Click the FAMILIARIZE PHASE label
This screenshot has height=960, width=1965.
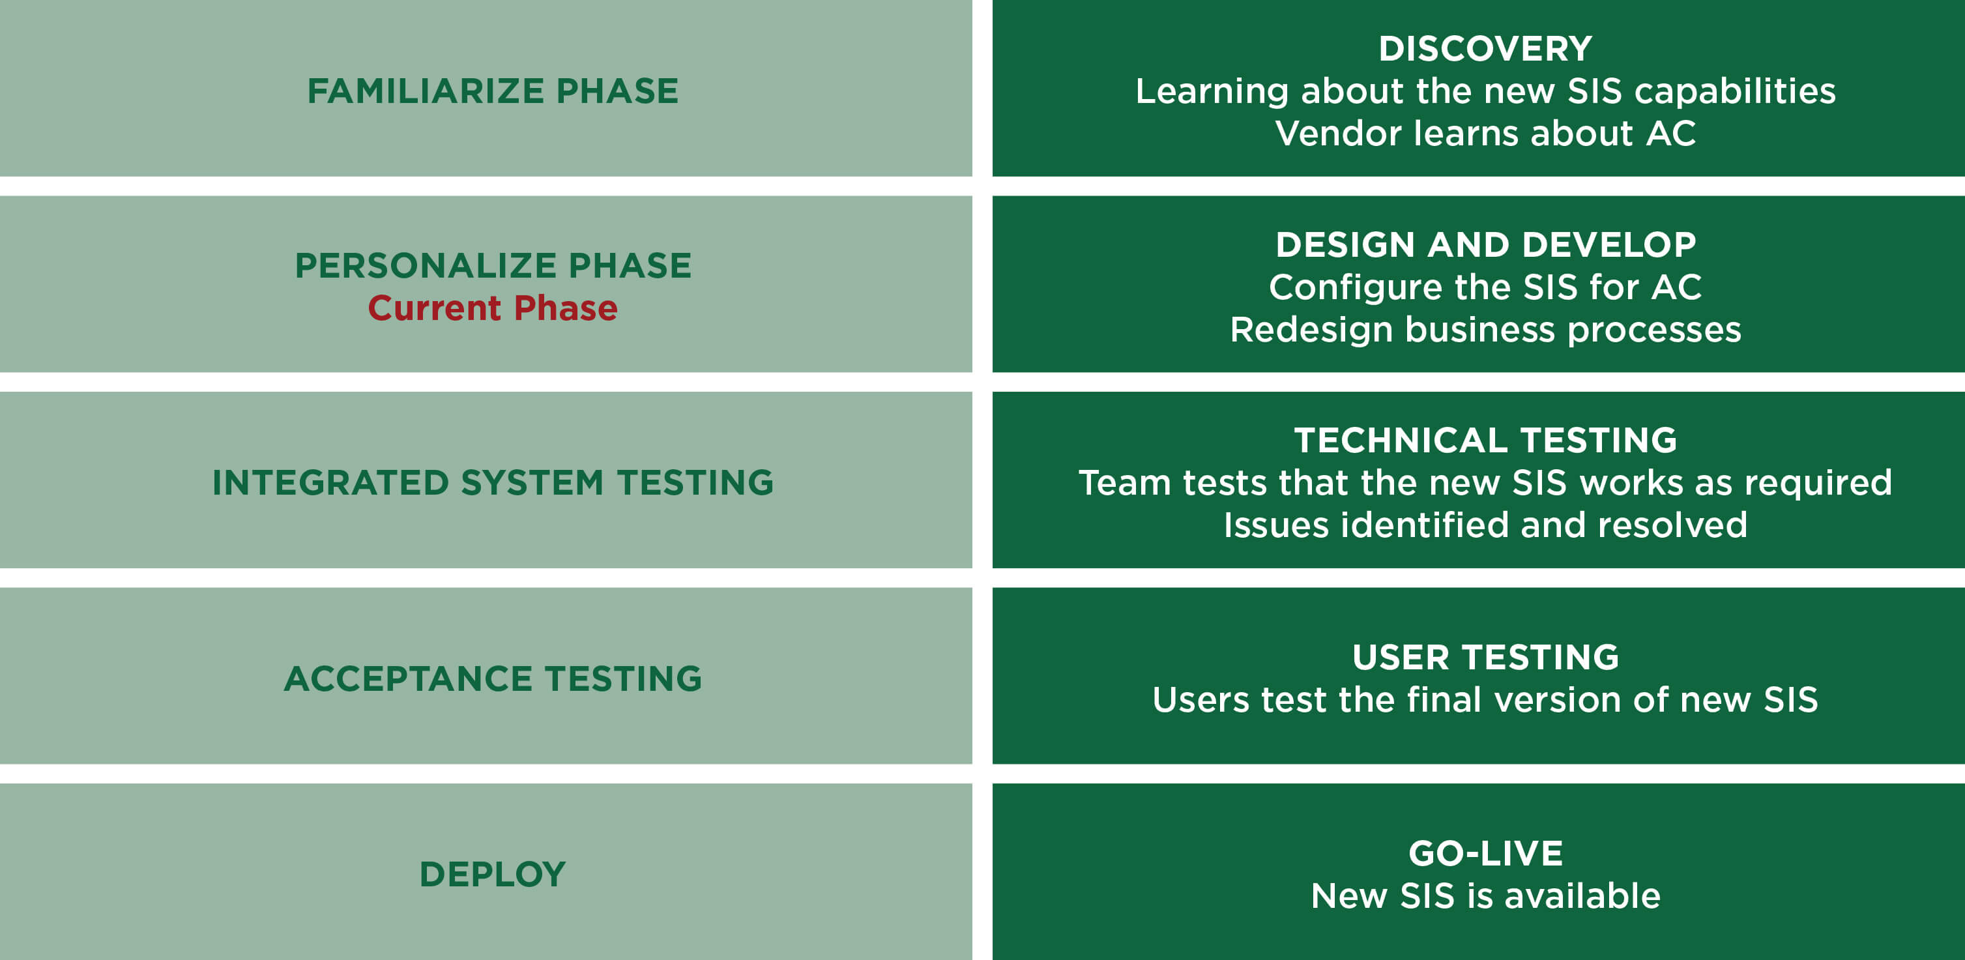[x=493, y=91]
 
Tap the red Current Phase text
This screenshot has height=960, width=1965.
[x=493, y=308]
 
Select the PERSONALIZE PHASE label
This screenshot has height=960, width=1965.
[x=493, y=265]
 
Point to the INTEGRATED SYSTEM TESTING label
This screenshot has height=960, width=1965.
[x=493, y=483]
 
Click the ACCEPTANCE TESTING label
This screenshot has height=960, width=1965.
[x=493, y=678]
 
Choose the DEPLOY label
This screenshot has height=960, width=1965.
[x=493, y=875]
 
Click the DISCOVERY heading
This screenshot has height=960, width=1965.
[x=1485, y=49]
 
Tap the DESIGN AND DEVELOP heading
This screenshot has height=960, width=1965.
[x=1485, y=245]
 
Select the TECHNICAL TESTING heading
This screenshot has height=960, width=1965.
[x=1485, y=440]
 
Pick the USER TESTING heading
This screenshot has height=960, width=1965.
[x=1485, y=658]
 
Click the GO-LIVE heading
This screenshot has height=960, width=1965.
[x=1485, y=853]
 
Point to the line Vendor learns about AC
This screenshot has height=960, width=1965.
[x=1485, y=134]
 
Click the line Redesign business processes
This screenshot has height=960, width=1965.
[x=1485, y=329]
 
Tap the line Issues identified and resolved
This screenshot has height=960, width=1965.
[x=1485, y=525]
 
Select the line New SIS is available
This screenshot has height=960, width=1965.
[x=1485, y=896]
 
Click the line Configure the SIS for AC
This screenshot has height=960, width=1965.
[x=1485, y=287]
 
